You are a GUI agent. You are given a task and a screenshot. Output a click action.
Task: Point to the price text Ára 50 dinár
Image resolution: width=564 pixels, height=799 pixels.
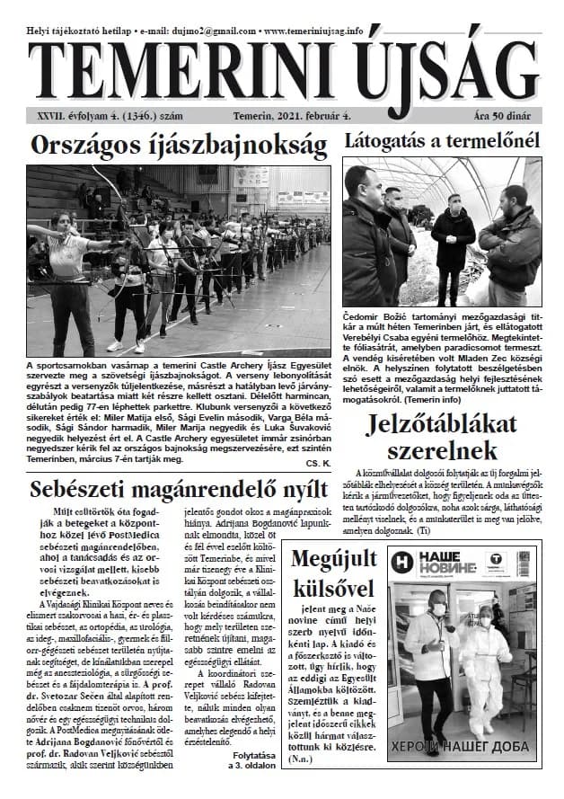[x=507, y=117]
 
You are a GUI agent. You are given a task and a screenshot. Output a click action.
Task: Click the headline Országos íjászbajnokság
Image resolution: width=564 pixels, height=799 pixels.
[x=178, y=145]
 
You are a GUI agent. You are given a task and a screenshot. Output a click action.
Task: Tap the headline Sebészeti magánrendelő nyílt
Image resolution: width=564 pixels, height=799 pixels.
[x=177, y=490]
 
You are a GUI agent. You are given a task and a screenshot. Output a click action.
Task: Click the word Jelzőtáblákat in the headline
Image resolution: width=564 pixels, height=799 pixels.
[x=442, y=425]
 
